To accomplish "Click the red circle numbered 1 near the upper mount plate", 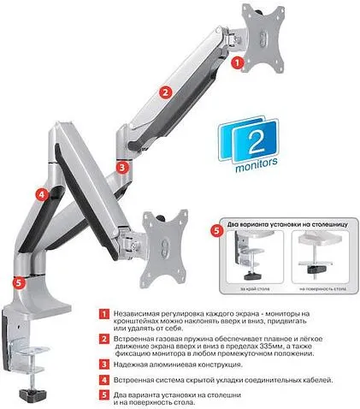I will tap(239, 62).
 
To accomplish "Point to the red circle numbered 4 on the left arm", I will tap(41, 194).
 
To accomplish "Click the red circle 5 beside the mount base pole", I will tap(20, 282).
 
